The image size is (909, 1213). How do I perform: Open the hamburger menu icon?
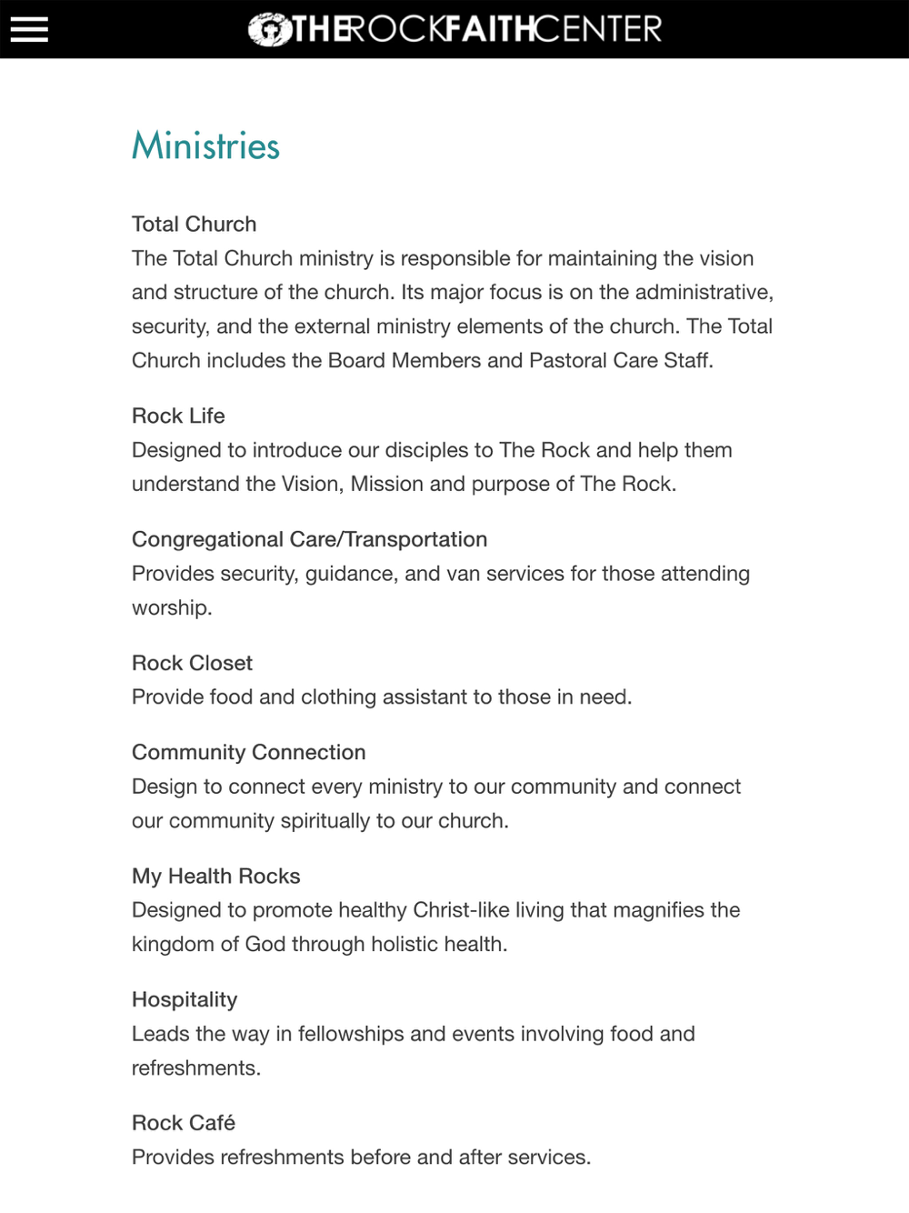point(29,29)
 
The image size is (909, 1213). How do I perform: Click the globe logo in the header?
point(269,30)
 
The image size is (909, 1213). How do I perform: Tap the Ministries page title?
point(205,146)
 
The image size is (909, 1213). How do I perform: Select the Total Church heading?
point(194,224)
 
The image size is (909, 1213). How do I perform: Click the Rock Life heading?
point(178,416)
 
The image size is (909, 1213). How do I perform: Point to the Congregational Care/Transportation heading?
point(309,539)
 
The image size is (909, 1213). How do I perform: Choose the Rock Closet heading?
point(192,663)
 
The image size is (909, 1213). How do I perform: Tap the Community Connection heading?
point(248,752)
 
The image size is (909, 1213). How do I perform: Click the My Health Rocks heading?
point(215,876)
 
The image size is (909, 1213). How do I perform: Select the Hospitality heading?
point(185,999)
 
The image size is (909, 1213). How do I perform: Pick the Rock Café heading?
point(184,1123)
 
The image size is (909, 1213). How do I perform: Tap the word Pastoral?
point(568,360)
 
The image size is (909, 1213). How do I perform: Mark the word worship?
point(171,607)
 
